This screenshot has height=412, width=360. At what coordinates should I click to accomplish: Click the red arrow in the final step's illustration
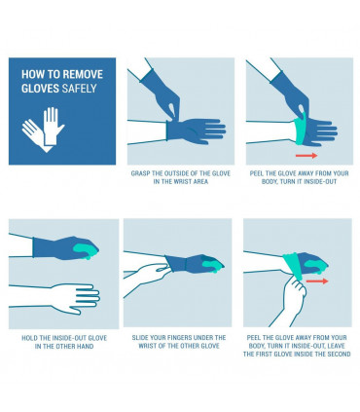(317, 281)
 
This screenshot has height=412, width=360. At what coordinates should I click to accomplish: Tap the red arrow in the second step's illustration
(306, 154)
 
